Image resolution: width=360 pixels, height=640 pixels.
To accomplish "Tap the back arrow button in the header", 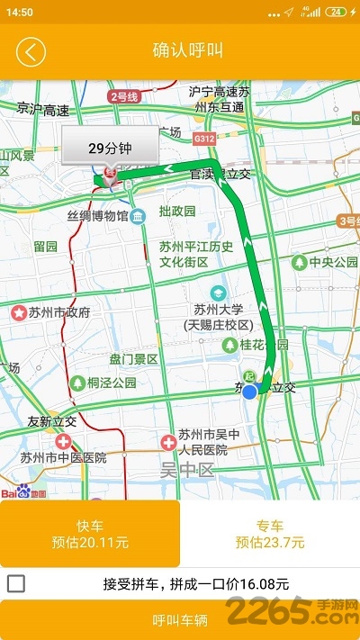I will coord(31,50).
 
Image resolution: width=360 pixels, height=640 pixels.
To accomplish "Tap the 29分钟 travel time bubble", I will coord(110,149).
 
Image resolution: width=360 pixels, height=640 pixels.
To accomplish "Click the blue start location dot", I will coord(250,391).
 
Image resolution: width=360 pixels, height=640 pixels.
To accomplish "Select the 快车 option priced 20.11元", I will coord(90,534).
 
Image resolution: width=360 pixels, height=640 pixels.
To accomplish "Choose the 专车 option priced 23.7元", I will coord(270,534).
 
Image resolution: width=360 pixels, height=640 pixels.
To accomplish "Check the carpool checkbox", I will coord(16,583).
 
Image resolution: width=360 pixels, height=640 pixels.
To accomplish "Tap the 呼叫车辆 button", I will coord(180,620).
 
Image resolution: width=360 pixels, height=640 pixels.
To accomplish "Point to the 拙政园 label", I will coord(177,212).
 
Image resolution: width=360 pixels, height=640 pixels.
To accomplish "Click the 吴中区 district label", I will coord(187,470).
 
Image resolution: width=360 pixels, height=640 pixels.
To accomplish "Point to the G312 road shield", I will coord(205,139).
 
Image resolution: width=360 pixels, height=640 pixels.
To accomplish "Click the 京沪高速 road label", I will coord(42,110).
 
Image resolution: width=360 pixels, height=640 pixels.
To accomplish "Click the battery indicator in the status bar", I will coord(336,12).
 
